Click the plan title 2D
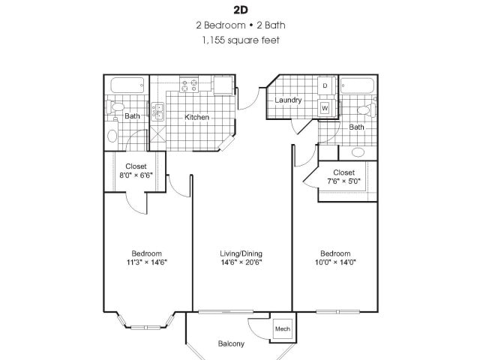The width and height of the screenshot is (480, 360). [241, 10]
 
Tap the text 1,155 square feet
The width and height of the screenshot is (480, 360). [241, 40]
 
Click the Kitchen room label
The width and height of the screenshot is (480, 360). [196, 117]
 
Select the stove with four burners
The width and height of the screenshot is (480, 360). [189, 85]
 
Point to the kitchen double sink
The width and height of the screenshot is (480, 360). [157, 112]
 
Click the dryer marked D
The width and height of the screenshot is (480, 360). [325, 85]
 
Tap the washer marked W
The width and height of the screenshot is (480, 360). [325, 108]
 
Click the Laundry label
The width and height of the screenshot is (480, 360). [288, 100]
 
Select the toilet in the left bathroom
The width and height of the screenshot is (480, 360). [115, 106]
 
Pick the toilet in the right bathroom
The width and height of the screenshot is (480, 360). [366, 110]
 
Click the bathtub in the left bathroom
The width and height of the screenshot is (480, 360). [127, 85]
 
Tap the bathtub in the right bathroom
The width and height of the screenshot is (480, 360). [358, 86]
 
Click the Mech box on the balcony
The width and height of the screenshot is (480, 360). [283, 328]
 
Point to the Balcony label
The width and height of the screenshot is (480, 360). [231, 343]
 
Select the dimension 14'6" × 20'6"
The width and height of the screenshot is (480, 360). [241, 262]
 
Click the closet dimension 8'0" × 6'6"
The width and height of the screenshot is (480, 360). [136, 175]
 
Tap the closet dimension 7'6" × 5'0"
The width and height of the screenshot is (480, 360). [343, 181]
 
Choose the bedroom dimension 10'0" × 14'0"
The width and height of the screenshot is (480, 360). [335, 262]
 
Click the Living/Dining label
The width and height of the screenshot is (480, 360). [241, 253]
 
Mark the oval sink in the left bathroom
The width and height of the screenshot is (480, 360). [112, 136]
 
